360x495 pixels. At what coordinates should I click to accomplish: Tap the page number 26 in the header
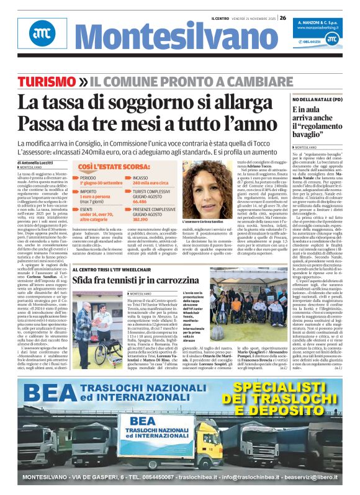coord(282,18)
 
